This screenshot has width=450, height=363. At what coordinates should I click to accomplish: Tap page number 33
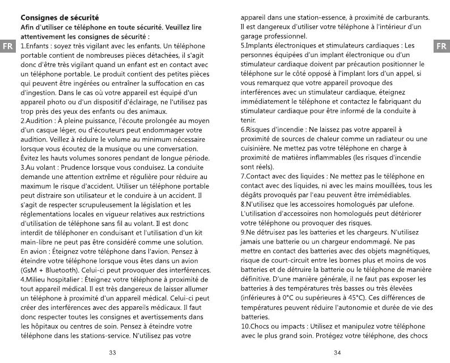point(112,353)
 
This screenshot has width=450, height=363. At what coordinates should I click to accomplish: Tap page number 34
point(338,353)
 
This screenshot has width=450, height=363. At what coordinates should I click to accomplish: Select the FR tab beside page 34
point(441,45)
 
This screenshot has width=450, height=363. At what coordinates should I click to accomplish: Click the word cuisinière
point(258,148)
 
